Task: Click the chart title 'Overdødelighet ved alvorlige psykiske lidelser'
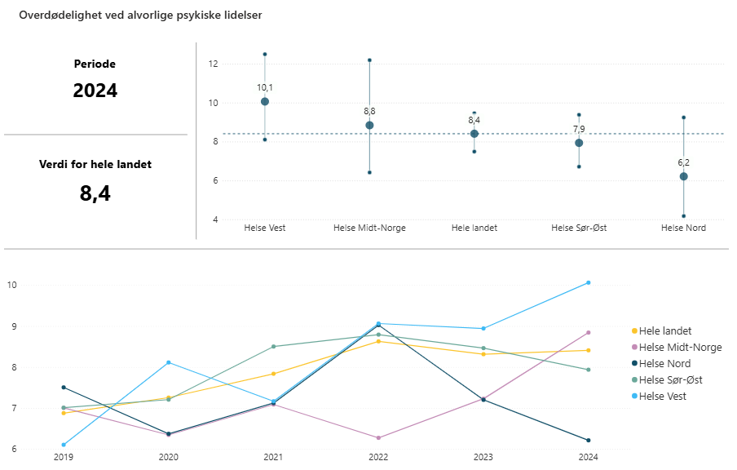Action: click(x=140, y=16)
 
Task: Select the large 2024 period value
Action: click(x=95, y=91)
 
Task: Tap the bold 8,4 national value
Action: click(x=95, y=193)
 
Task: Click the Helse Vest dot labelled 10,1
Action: click(x=265, y=102)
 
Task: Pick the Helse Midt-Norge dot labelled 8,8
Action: click(x=369, y=126)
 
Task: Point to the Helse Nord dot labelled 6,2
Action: click(x=683, y=176)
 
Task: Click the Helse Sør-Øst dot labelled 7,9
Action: click(x=579, y=143)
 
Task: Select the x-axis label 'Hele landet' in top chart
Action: click(x=474, y=228)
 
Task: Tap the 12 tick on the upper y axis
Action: click(x=213, y=64)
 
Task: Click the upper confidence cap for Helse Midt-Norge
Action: click(x=369, y=60)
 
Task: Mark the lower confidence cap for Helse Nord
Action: click(x=683, y=216)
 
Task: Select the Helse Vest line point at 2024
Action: click(x=588, y=283)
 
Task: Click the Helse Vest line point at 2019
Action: click(x=64, y=445)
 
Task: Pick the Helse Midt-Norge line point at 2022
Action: click(x=378, y=438)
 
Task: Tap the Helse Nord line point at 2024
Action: click(x=588, y=441)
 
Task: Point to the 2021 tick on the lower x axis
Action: click(x=273, y=458)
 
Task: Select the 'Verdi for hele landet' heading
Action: click(x=95, y=164)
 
